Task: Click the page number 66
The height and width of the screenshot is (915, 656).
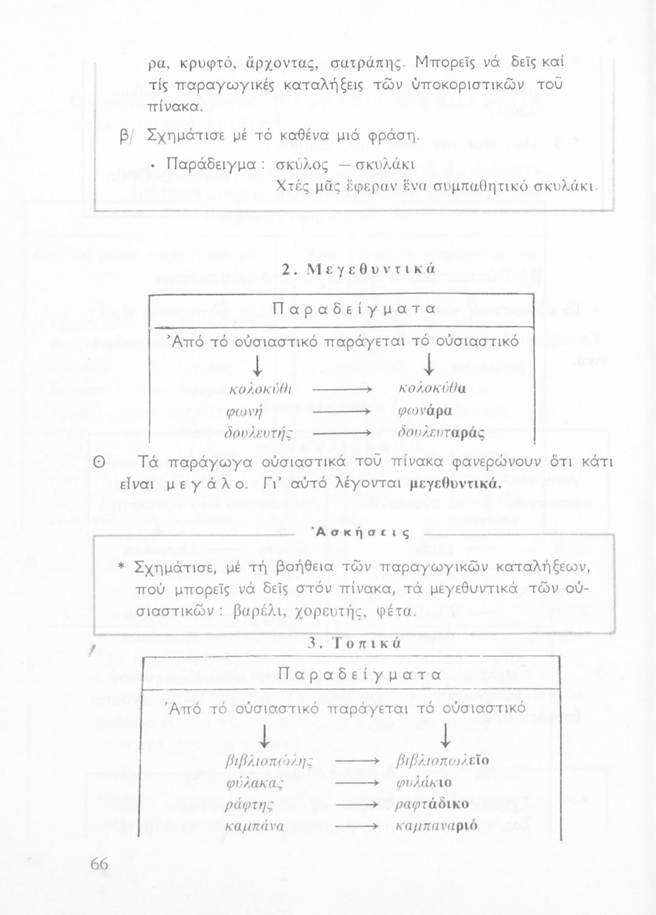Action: click(x=99, y=864)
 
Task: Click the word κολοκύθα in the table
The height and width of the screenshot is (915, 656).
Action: click(x=431, y=389)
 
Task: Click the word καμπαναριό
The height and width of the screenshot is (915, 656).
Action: click(x=437, y=827)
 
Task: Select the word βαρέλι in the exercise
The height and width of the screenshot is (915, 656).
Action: click(x=258, y=611)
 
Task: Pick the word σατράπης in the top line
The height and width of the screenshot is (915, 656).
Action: click(x=360, y=62)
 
